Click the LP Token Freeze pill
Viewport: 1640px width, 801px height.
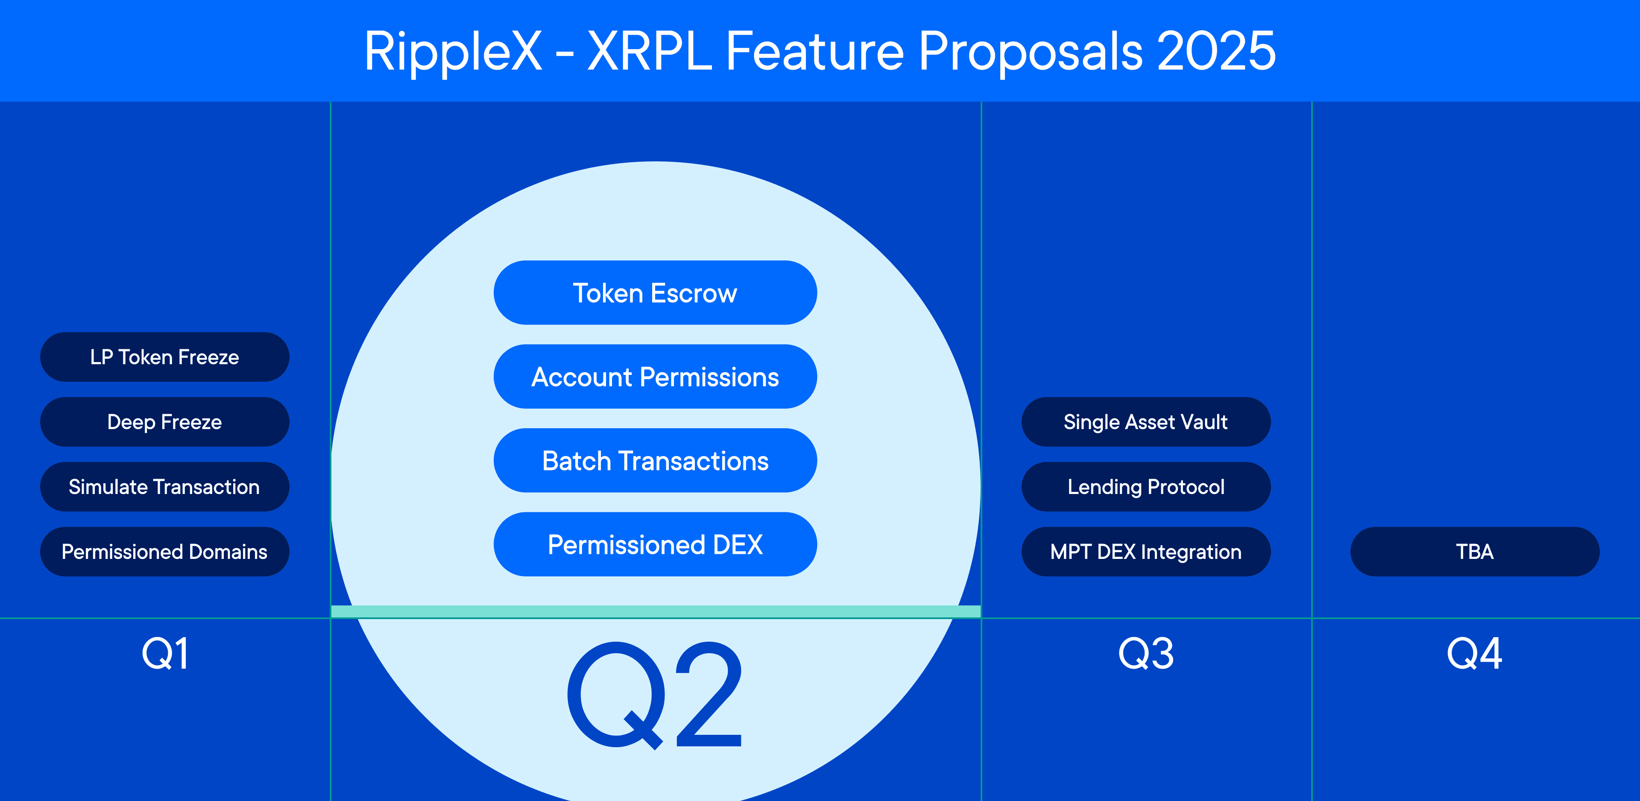click(164, 357)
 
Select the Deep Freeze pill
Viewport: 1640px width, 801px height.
click(164, 422)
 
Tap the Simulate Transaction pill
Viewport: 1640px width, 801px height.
click(164, 487)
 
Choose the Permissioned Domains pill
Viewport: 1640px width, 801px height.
click(164, 552)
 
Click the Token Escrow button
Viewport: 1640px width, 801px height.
click(655, 293)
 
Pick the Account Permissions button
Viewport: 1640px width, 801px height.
click(655, 377)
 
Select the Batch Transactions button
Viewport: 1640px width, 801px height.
click(655, 461)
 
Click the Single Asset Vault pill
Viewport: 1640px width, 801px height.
click(1146, 422)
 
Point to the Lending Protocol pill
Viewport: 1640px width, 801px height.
click(1146, 487)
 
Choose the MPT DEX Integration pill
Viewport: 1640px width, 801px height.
click(1146, 552)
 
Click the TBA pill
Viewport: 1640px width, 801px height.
click(1474, 552)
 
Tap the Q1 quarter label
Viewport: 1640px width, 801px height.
click(165, 654)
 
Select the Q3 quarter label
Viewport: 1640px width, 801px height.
click(1146, 654)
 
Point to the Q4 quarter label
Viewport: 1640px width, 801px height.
click(1474, 654)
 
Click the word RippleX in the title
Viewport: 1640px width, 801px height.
click(453, 52)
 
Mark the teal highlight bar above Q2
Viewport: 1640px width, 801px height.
click(655, 612)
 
